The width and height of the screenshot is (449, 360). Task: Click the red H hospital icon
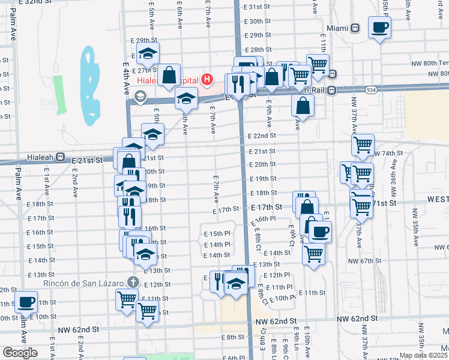[207, 79]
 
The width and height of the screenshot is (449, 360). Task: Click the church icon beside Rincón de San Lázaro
[133, 282]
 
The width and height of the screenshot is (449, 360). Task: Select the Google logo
[20, 353]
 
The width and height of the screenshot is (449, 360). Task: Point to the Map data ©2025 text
[423, 355]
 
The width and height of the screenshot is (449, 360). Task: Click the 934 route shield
[372, 89]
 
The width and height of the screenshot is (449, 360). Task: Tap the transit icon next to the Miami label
[355, 28]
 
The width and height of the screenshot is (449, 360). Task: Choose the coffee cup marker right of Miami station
[379, 27]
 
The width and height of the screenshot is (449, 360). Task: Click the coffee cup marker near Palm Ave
[26, 302]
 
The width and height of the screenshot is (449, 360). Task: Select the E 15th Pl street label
[217, 233]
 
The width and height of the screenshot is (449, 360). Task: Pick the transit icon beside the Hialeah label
[60, 157]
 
